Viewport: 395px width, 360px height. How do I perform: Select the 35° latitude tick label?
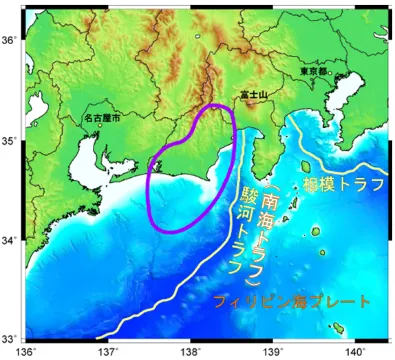[9, 140]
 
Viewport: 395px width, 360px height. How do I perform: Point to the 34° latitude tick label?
[9, 240]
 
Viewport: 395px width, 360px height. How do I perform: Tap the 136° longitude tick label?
[27, 351]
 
